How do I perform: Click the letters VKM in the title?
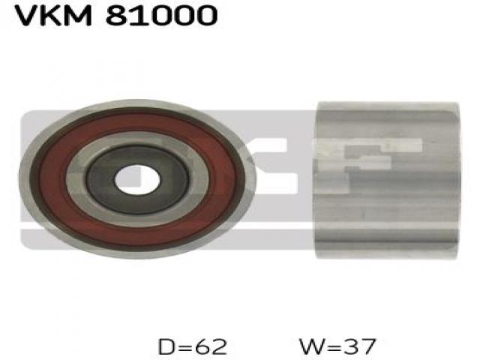(x=52, y=15)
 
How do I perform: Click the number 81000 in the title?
(x=161, y=15)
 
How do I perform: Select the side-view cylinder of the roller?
(x=388, y=180)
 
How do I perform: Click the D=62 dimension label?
(x=193, y=346)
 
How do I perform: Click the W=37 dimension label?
(x=337, y=346)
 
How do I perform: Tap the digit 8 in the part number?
(x=116, y=15)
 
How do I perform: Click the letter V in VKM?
(x=25, y=15)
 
